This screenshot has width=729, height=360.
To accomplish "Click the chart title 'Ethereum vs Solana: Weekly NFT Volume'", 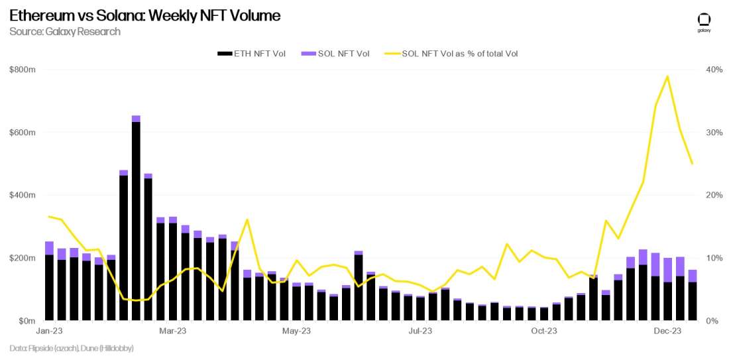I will tap(144, 16).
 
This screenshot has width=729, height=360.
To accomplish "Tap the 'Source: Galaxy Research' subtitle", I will tap(65, 32).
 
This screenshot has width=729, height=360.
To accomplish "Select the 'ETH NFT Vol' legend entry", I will tap(251, 54).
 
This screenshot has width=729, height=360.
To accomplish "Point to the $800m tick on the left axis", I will tap(23, 70).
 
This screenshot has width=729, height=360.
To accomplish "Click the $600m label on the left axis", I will tap(23, 133).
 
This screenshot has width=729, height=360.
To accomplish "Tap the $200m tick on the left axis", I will tap(23, 258).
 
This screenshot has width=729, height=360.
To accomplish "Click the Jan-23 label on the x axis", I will tap(49, 331).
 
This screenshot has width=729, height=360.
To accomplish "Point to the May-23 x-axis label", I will tap(297, 331).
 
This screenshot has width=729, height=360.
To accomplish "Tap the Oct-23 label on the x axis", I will tap(544, 331).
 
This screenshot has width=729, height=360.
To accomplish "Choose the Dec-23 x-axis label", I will tap(668, 331).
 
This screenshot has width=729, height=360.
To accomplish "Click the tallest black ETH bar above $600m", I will tap(136, 219).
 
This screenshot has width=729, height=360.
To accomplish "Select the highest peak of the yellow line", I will tap(667, 76).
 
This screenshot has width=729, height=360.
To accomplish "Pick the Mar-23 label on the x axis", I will tap(173, 331).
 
